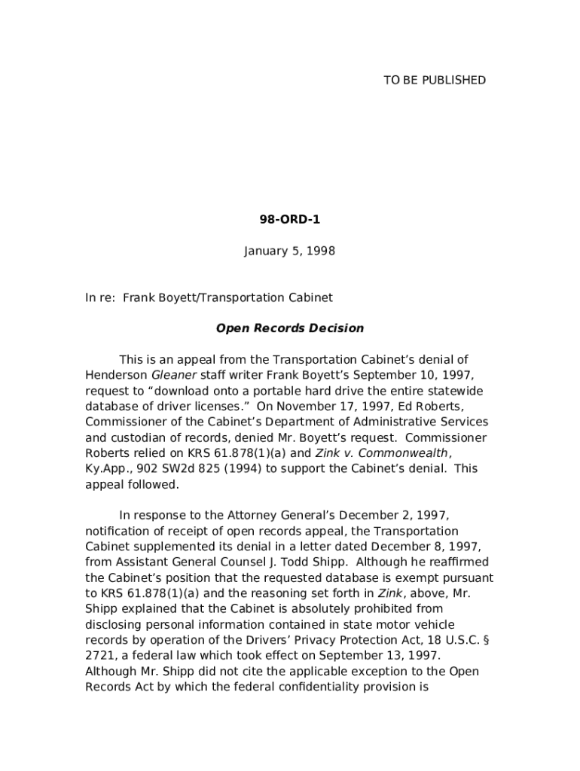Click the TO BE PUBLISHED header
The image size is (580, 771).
pyautogui.click(x=435, y=81)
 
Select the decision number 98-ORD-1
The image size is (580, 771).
pyautogui.click(x=289, y=220)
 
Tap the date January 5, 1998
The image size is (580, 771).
pyautogui.click(x=289, y=251)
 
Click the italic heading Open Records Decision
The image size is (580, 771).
pyautogui.click(x=290, y=328)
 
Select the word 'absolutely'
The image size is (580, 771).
pyautogui.click(x=338, y=608)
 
